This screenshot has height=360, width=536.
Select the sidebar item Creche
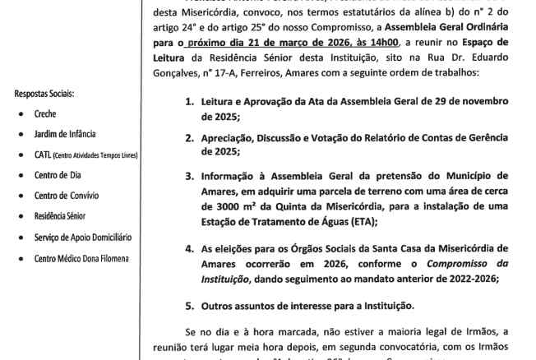[x=46, y=113]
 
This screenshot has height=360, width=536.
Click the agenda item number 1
[x=188, y=103]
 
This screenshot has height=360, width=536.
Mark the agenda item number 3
[x=188, y=176]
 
